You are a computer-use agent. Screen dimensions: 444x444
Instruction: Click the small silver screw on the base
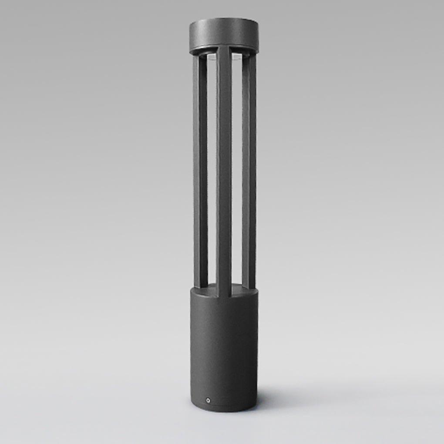pos(208,399)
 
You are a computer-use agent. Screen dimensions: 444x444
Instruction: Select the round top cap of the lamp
pos(224,33)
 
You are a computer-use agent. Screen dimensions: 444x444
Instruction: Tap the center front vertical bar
pos(224,174)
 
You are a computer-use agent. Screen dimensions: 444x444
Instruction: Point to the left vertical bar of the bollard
pos(200,174)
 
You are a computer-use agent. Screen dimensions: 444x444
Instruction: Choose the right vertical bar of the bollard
pos(249,174)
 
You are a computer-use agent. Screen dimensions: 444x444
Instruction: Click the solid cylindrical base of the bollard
pos(224,348)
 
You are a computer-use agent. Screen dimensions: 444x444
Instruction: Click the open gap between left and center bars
pos(212,174)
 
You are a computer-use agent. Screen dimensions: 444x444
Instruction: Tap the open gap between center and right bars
pos(237,174)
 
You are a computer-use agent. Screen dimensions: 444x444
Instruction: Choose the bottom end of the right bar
pos(249,286)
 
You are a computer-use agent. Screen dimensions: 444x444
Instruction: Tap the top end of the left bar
pos(200,57)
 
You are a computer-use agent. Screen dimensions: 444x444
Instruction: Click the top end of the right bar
pos(249,57)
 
